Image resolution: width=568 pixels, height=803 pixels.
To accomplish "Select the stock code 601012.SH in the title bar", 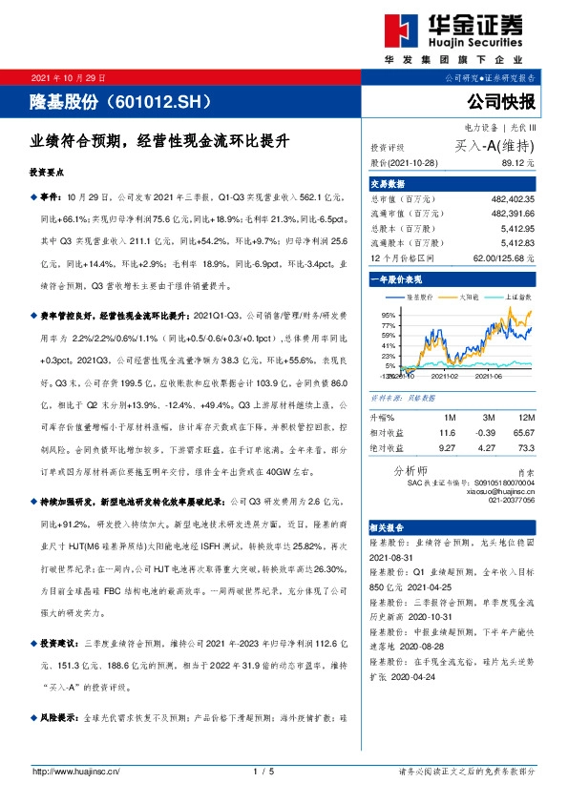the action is (x=168, y=99).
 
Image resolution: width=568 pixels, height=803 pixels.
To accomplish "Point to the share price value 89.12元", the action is (x=515, y=163).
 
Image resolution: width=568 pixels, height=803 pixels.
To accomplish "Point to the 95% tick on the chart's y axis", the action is (x=389, y=314).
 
